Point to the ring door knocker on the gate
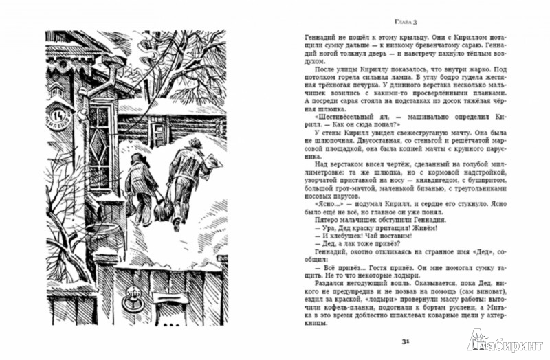(130, 304)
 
